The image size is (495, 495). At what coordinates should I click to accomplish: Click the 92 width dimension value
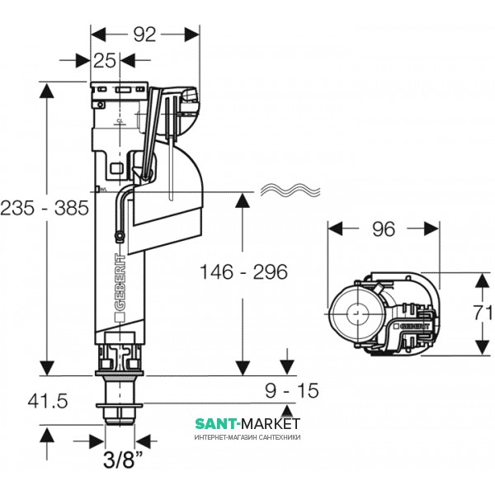145,35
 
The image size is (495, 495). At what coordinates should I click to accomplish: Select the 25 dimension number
103,61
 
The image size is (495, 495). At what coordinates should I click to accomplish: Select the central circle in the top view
356,314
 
